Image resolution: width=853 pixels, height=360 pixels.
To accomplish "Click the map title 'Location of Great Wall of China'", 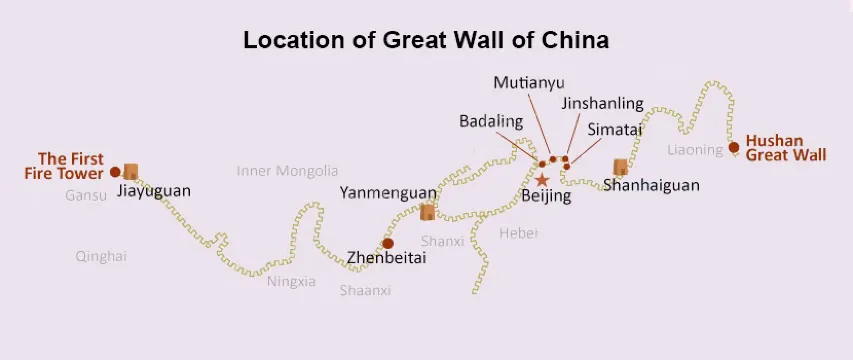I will click(x=426, y=41).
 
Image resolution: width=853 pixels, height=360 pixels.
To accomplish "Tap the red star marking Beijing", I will click(x=542, y=180).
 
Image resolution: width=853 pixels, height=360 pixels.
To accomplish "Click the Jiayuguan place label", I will click(x=153, y=190).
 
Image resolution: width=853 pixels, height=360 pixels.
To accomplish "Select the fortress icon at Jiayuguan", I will click(x=130, y=172).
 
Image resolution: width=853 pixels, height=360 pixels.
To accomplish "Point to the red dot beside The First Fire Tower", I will click(x=115, y=172).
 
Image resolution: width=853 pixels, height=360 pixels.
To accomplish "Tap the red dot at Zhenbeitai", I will click(x=388, y=243).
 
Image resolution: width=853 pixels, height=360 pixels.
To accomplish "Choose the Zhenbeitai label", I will click(x=386, y=257).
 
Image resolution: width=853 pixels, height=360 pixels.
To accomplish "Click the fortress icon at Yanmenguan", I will click(x=428, y=211).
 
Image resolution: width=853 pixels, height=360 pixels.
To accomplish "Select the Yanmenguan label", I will click(x=388, y=192).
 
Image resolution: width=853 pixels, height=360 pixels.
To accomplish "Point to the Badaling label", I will click(x=491, y=121).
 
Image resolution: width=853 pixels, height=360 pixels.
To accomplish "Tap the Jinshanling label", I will click(x=601, y=103).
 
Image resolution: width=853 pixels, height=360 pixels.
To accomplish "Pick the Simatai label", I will click(x=615, y=129).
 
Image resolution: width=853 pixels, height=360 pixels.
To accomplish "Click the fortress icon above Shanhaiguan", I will click(x=621, y=167).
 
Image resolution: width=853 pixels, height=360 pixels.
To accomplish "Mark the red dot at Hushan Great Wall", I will click(x=734, y=148).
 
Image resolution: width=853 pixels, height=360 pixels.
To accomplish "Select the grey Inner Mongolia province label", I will click(x=287, y=171).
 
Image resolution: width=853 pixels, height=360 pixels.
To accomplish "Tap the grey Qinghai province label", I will click(x=101, y=256).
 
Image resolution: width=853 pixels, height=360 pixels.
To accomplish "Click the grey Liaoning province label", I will click(x=695, y=150).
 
